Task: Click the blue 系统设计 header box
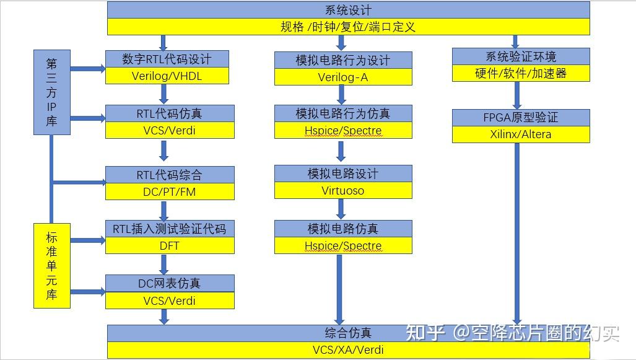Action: coord(348,10)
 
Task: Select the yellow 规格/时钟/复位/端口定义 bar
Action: coord(348,27)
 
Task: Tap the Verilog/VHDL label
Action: coord(167,76)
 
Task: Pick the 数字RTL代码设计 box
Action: coord(167,59)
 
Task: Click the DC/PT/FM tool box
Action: coord(170,191)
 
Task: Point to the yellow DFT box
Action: coord(170,245)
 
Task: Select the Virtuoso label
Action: coord(343,190)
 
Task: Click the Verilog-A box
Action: coord(343,77)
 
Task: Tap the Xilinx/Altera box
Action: coord(520,134)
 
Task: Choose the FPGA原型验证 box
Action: coord(520,117)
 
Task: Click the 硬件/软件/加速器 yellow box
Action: coord(520,73)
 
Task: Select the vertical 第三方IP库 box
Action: coord(51,92)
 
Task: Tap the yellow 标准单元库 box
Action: coord(51,266)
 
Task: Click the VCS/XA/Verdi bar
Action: coord(348,349)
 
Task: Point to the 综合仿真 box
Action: coord(348,333)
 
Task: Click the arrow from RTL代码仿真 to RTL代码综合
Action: coord(164,151)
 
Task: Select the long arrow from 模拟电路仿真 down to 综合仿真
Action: coord(340,288)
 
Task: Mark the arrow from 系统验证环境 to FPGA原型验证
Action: coord(518,95)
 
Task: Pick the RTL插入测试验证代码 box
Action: coord(170,229)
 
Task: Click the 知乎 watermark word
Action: coord(425,333)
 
